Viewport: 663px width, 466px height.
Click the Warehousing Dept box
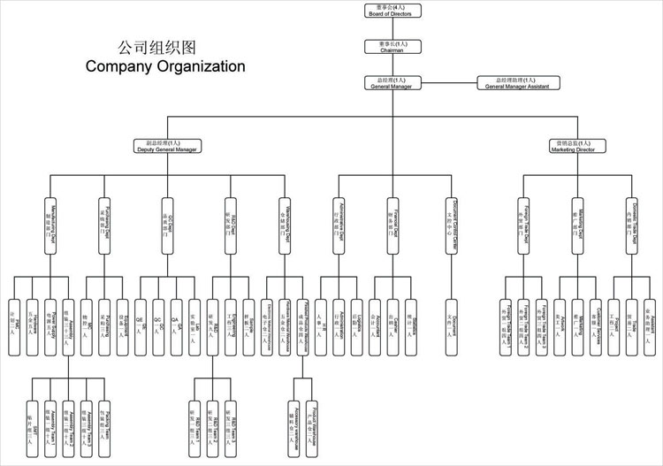click(x=285, y=226)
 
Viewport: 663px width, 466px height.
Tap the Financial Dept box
click(x=391, y=226)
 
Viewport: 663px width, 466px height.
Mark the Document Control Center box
click(x=452, y=226)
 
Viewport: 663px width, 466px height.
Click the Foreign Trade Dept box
click(x=523, y=226)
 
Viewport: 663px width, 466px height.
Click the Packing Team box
click(x=104, y=421)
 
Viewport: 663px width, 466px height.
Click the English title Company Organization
click(x=164, y=66)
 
